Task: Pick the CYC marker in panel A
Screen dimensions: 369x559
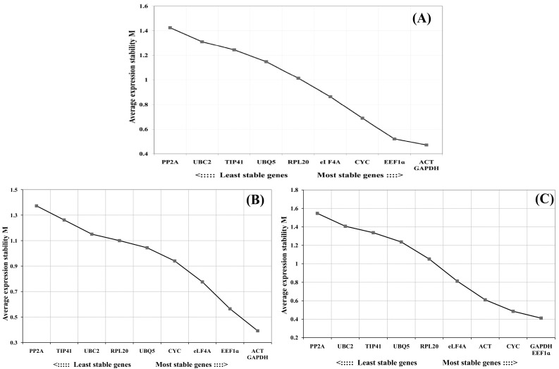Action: (362, 118)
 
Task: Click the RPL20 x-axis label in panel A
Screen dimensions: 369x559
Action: (298, 162)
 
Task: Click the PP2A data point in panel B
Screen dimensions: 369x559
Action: (36, 206)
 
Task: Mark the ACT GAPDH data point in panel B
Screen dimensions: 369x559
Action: (258, 330)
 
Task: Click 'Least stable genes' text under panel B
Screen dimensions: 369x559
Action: (99, 364)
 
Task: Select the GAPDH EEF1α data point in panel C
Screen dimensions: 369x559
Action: (541, 318)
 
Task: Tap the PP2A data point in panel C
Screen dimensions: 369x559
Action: (318, 213)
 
